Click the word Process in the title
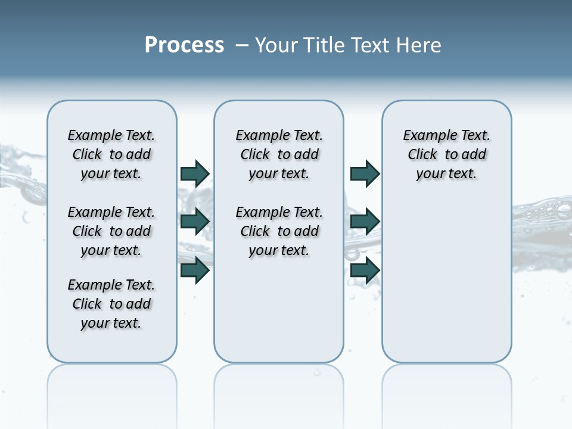[x=184, y=45]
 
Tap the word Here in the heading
[x=418, y=45]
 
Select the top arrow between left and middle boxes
[x=195, y=173]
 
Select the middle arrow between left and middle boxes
[x=195, y=222]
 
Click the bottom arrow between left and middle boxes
[x=195, y=271]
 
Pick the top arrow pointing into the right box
[x=365, y=173]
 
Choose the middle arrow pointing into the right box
[x=365, y=222]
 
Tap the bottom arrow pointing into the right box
[x=365, y=271]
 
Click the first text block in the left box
[x=111, y=154]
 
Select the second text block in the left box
[x=111, y=231]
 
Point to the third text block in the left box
[x=111, y=304]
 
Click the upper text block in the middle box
[x=279, y=154]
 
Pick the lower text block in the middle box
[x=279, y=231]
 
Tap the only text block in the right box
[x=446, y=154]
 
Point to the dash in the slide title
[x=242, y=45]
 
